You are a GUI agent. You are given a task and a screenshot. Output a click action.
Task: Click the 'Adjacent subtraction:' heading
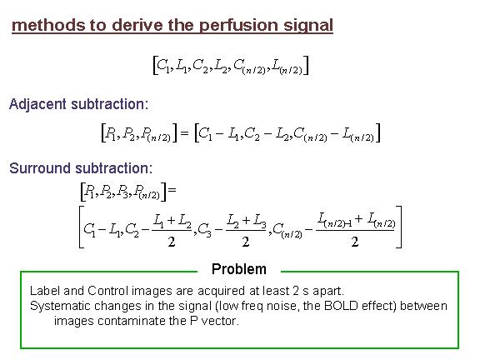pyautogui.click(x=78, y=104)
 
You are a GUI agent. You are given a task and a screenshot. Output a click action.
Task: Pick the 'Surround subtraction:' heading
pyautogui.click(x=81, y=168)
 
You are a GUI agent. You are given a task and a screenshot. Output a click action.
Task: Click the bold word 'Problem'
pyautogui.click(x=239, y=269)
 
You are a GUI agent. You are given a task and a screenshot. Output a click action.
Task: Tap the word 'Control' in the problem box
pyautogui.click(x=107, y=291)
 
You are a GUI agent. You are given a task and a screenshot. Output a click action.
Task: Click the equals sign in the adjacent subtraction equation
pyautogui.click(x=185, y=132)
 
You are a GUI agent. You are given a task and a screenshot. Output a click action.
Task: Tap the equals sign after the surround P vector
pyautogui.click(x=172, y=190)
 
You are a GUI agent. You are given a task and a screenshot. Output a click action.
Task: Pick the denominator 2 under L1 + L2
pyautogui.click(x=172, y=242)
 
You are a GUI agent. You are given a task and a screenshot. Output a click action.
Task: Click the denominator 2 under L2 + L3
pyautogui.click(x=246, y=242)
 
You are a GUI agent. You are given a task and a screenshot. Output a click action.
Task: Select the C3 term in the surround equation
pyautogui.click(x=204, y=229)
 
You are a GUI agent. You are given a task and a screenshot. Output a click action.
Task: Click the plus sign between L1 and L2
pyautogui.click(x=171, y=219)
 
